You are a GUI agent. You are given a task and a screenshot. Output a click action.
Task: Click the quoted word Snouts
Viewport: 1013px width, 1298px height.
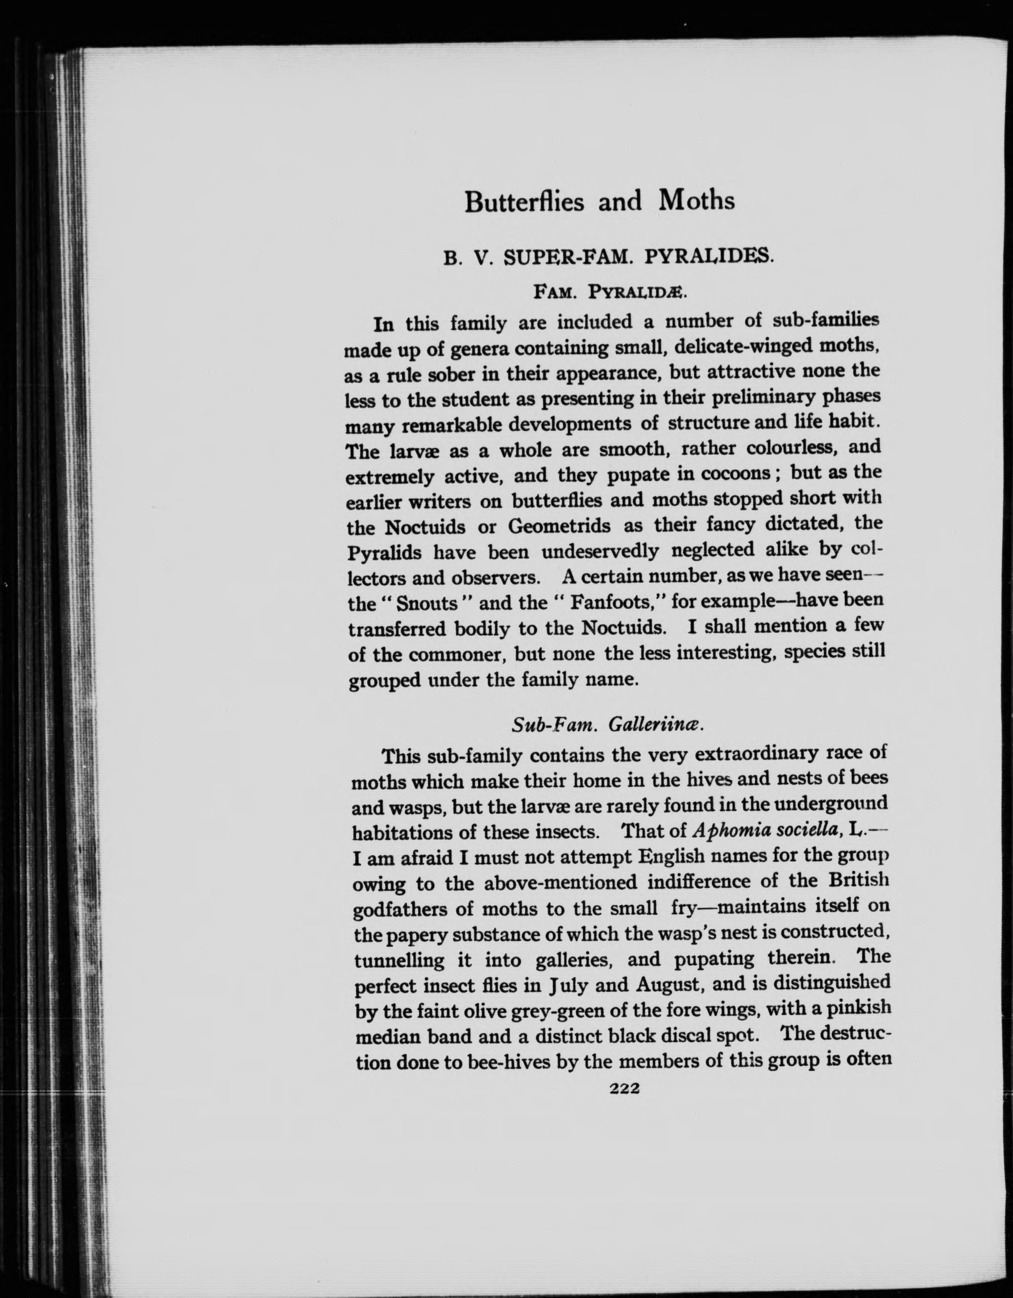tap(426, 603)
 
